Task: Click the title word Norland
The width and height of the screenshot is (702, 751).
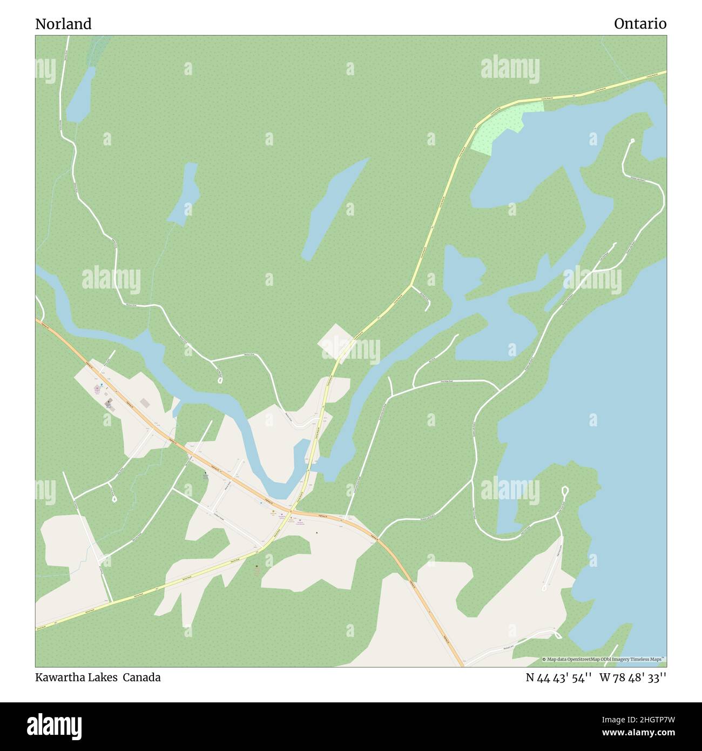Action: tap(63, 24)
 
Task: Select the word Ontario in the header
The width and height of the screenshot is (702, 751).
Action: tap(640, 24)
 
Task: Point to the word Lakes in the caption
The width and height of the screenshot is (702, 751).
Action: tap(102, 678)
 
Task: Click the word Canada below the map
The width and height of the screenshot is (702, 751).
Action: tap(141, 678)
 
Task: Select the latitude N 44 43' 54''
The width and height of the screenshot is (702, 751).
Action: tap(558, 678)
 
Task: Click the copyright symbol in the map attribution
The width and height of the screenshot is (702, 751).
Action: tap(544, 659)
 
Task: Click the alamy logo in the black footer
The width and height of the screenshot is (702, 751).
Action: tap(55, 725)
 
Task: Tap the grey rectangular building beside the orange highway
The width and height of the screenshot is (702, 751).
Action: tap(145, 403)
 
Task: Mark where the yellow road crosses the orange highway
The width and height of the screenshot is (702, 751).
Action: tap(291, 510)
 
